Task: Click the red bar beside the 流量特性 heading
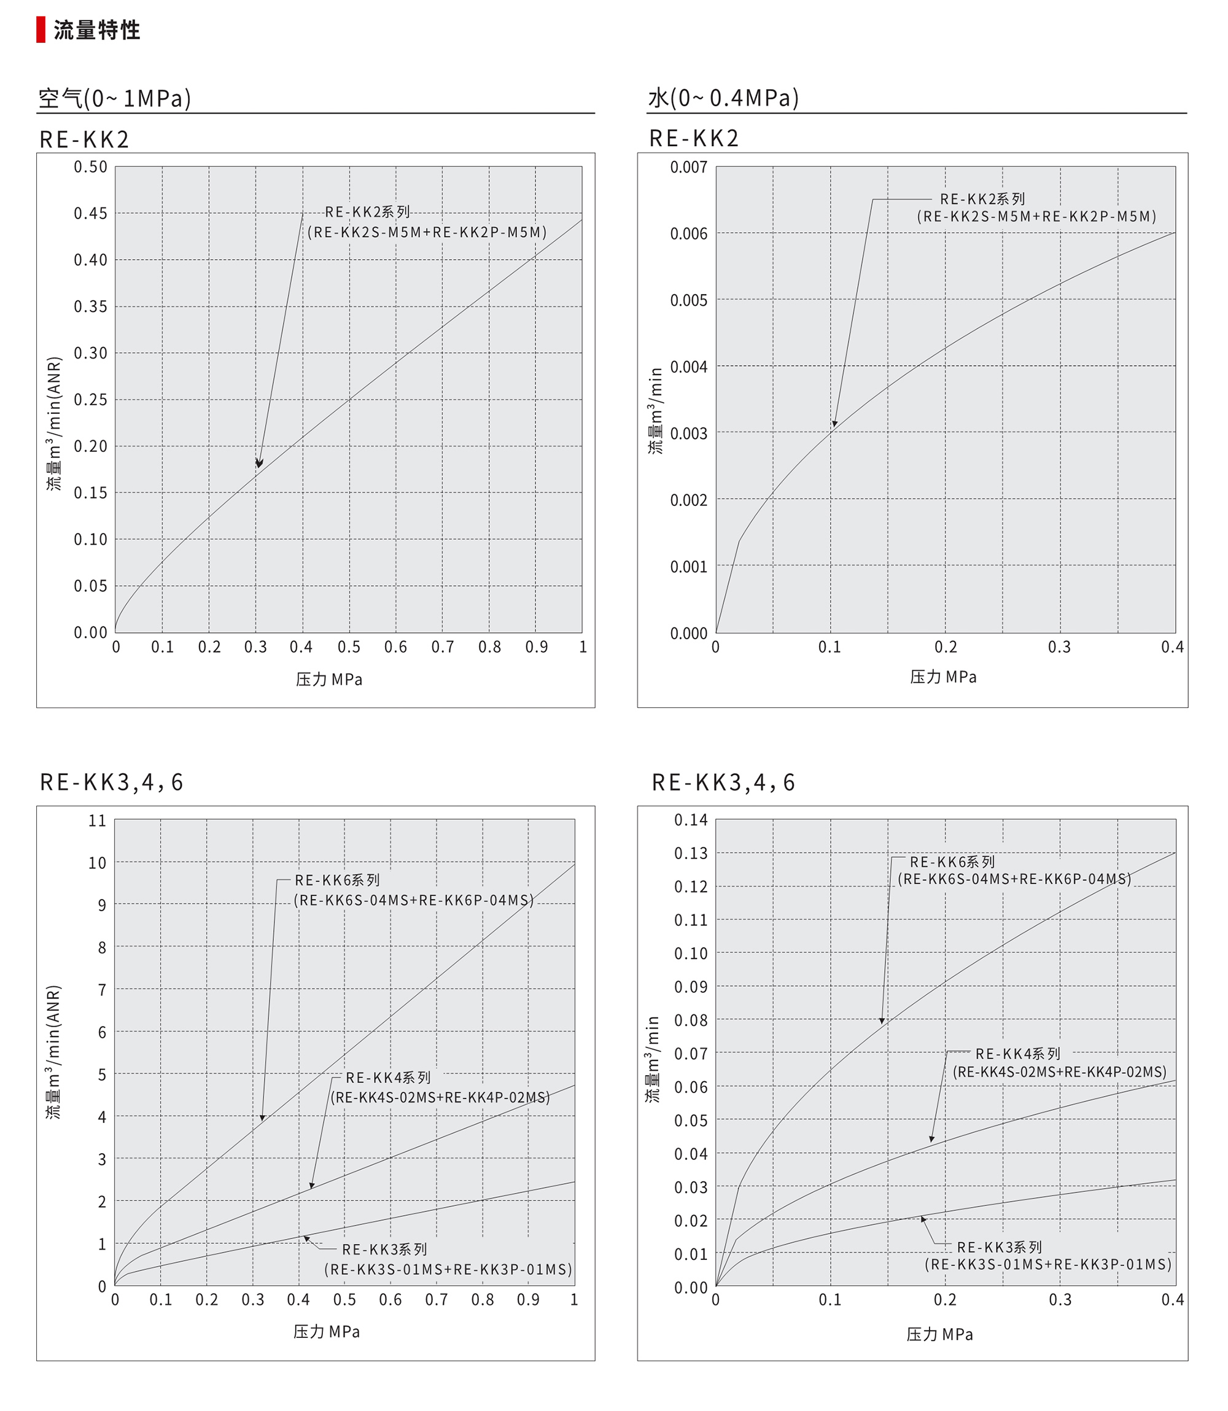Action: pos(41,30)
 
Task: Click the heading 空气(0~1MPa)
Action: pos(114,99)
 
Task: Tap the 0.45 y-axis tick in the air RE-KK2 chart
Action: pos(90,213)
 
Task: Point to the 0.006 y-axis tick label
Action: pos(689,234)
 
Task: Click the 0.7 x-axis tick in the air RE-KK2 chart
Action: pos(443,647)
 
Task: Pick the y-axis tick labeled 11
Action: pos(97,820)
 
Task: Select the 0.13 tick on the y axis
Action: pos(691,853)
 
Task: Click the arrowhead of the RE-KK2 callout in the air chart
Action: pos(258,464)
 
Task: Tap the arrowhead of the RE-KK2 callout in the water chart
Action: pos(834,424)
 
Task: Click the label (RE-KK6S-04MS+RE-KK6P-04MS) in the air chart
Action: pos(414,900)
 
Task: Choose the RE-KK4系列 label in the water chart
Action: pos(1017,1053)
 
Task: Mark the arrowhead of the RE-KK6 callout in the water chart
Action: pos(882,1021)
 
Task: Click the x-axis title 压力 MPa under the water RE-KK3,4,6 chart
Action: pos(939,1334)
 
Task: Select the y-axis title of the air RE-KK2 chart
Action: pos(54,423)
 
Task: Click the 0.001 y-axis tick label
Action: pos(689,567)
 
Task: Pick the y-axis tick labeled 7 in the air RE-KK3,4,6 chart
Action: pos(102,990)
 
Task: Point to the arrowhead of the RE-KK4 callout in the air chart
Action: pos(311,1186)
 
